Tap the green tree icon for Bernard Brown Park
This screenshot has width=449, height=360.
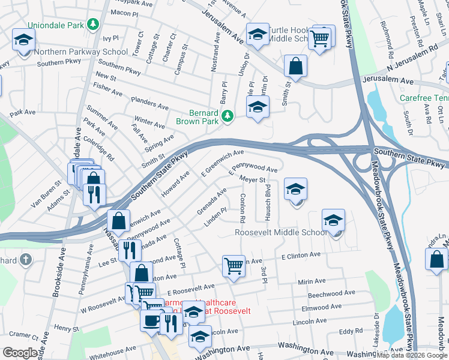coord(228,115)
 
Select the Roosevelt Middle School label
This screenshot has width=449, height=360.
coord(281,232)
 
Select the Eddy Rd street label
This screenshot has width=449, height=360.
coord(351,331)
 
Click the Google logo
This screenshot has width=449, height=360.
coord(20,353)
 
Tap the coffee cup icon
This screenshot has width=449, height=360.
coord(151,319)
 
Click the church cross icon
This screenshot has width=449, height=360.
coord(25,260)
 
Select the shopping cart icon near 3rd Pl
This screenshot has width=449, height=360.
coord(233,265)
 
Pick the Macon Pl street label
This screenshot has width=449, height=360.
coord(125,12)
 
